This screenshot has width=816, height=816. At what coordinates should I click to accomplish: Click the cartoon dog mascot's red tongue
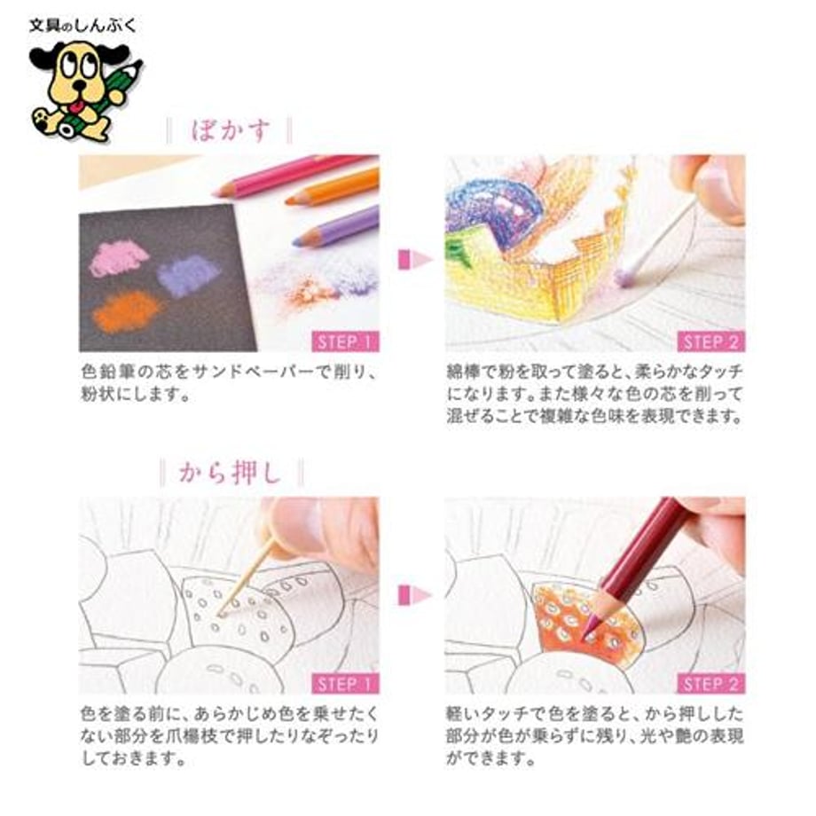click(x=78, y=106)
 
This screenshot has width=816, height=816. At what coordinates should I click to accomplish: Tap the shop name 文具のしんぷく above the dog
click(x=82, y=26)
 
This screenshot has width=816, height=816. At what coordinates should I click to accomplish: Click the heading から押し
click(x=230, y=473)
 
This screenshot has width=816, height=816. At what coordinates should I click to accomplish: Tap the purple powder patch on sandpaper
click(x=188, y=275)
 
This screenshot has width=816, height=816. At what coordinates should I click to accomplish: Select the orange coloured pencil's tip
click(x=289, y=200)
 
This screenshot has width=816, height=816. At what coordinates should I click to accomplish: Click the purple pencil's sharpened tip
click(x=297, y=241)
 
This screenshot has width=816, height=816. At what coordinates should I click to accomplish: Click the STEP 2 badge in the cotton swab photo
click(x=711, y=341)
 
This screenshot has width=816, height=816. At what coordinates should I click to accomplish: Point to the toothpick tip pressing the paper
click(x=221, y=615)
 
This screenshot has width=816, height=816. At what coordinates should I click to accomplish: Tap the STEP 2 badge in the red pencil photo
click(x=711, y=684)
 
